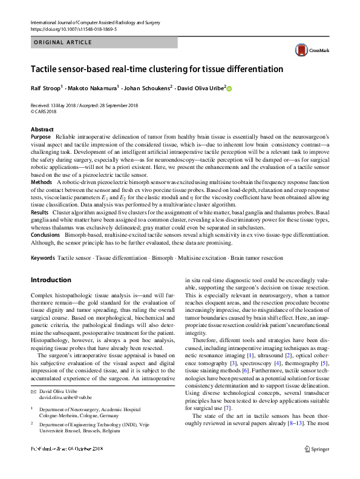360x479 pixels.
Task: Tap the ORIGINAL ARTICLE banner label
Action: coord(63,42)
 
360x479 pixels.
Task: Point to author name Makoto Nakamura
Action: coord(93,88)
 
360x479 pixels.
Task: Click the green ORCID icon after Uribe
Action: coord(229,88)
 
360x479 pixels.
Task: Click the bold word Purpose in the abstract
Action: coord(42,137)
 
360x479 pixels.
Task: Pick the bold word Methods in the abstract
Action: coord(42,182)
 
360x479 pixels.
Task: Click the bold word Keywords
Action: coord(44,258)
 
